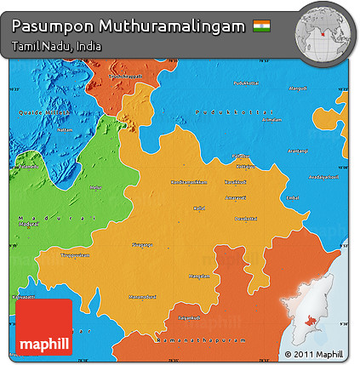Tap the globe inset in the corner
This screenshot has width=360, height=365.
323,32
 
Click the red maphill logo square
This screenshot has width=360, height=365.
44,328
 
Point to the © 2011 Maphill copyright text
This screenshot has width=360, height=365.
313,354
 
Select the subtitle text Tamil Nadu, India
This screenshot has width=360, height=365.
57,46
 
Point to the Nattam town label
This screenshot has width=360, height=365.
66,131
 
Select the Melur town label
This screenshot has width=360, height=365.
95,187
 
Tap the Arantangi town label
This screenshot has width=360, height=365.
298,151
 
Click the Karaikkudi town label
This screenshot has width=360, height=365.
236,182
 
